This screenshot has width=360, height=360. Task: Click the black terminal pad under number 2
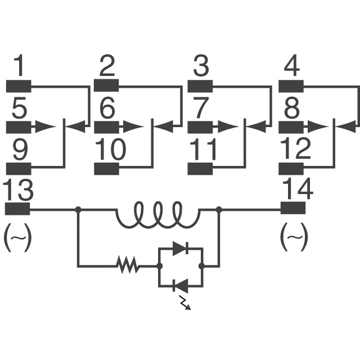(106, 86)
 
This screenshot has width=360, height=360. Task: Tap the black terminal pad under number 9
(17, 168)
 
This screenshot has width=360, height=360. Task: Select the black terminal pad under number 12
(291, 168)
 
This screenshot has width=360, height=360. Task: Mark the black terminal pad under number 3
(200, 86)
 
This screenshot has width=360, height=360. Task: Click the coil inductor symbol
(158, 214)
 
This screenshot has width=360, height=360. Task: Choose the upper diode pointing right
(179, 248)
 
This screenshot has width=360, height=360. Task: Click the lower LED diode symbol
(179, 286)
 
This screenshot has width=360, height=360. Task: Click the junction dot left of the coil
(78, 209)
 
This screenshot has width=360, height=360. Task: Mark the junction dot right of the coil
(218, 209)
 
